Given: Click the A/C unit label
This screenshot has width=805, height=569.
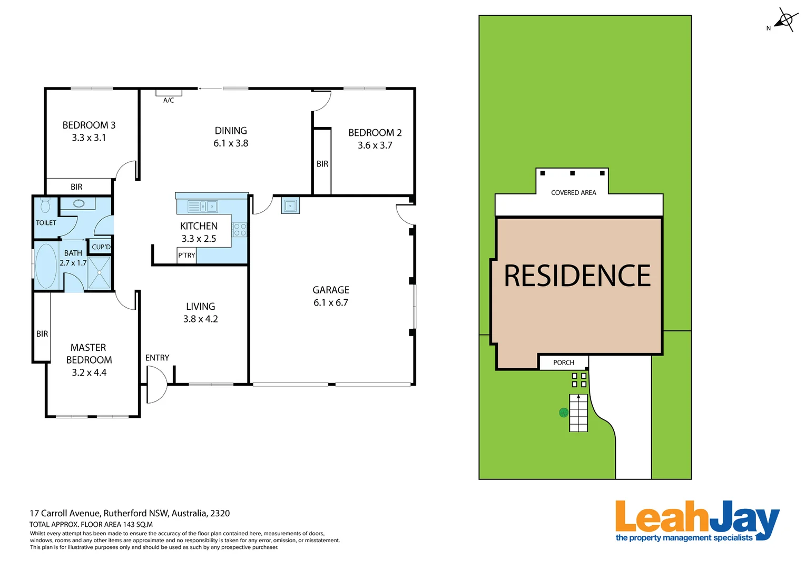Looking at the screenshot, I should point(169,100).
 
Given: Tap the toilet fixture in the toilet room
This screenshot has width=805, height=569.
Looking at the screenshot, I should point(45,205).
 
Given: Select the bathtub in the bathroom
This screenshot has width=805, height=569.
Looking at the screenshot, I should point(46,266).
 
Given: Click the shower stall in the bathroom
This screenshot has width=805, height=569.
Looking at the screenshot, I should point(99,272).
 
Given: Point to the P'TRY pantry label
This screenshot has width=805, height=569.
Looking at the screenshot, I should point(186,256).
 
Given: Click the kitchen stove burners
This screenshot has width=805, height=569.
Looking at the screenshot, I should point(240,229).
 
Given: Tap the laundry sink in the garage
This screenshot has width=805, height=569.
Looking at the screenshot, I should point(290,205).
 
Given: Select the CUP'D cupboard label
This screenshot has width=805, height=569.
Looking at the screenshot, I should point(101,247).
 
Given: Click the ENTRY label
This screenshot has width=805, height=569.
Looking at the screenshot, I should point(157,358).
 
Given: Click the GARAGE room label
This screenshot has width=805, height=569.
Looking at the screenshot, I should point(331,290).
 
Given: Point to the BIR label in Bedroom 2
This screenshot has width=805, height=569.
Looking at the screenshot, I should point(322,164).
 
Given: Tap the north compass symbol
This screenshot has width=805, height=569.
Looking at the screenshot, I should point(785,21).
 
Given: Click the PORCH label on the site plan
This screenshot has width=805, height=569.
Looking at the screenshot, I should point(564,362).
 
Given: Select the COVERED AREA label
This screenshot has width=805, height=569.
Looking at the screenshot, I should point(573,193).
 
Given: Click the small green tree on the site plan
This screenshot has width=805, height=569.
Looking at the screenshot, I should point(564,413).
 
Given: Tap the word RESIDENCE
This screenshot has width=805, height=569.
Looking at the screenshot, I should point(577,276).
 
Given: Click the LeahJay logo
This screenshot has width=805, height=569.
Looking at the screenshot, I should point(696,521).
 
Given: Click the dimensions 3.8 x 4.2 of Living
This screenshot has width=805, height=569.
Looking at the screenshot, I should point(200,319).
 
